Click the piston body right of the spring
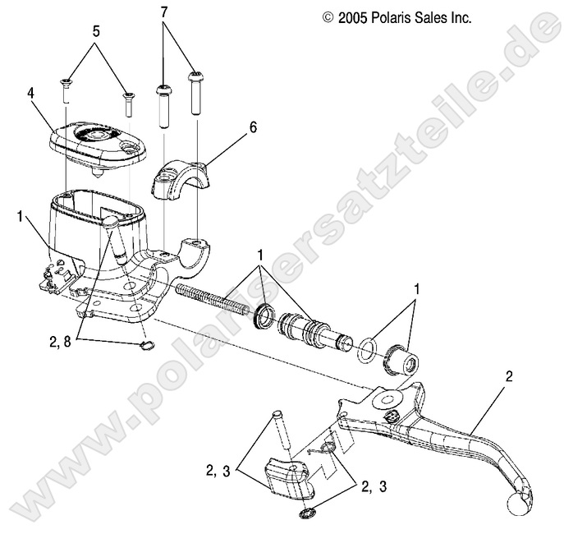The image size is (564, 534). click(308, 327)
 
